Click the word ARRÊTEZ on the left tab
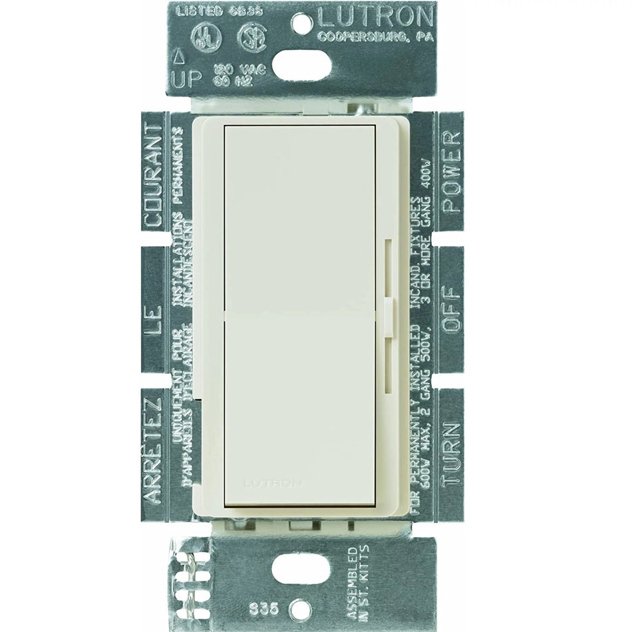(x=152, y=448)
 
